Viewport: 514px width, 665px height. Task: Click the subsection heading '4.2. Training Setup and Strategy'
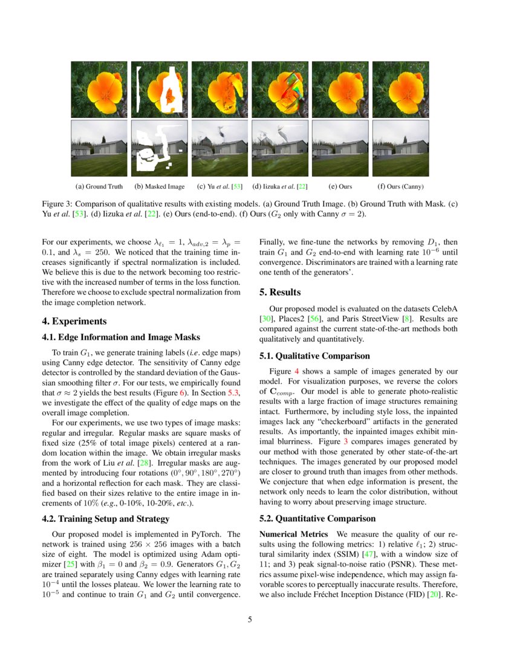coord(106,518)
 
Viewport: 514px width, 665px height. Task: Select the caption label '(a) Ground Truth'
coord(99,187)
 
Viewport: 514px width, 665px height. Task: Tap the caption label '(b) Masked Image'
coord(159,187)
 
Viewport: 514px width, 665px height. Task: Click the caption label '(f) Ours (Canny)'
coord(400,187)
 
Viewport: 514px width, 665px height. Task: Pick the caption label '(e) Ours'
coord(340,187)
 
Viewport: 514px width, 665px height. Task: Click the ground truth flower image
coord(99,89)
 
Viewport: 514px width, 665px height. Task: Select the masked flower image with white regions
coord(159,89)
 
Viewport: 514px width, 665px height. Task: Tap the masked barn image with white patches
coord(159,148)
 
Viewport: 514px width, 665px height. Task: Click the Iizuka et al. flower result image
coord(279,89)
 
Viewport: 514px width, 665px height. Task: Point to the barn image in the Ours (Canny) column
coord(400,148)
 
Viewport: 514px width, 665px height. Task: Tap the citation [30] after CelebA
coord(264,318)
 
